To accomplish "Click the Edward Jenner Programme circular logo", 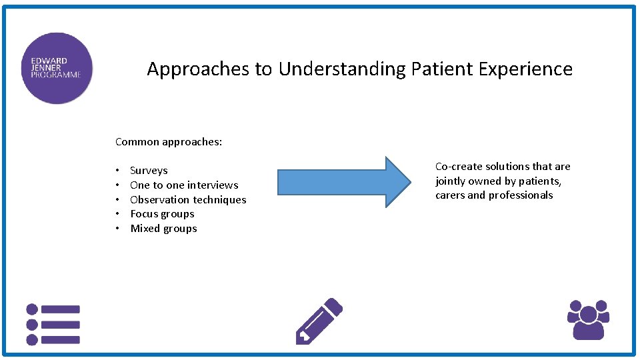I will [x=57, y=68].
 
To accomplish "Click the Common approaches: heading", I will [x=169, y=141].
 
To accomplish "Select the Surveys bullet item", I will [x=149, y=171].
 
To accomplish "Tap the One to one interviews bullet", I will [x=184, y=185].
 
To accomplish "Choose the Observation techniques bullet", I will [x=188, y=200].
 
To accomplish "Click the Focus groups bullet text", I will [x=162, y=214].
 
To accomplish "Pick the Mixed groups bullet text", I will [x=163, y=229].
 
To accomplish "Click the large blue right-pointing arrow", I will [x=344, y=181].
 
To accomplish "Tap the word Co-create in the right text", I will [x=459, y=167].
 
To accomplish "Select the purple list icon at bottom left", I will [x=53, y=324].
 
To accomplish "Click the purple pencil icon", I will [x=319, y=321].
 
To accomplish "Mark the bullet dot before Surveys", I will [x=117, y=171].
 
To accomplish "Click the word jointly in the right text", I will [x=451, y=181].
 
